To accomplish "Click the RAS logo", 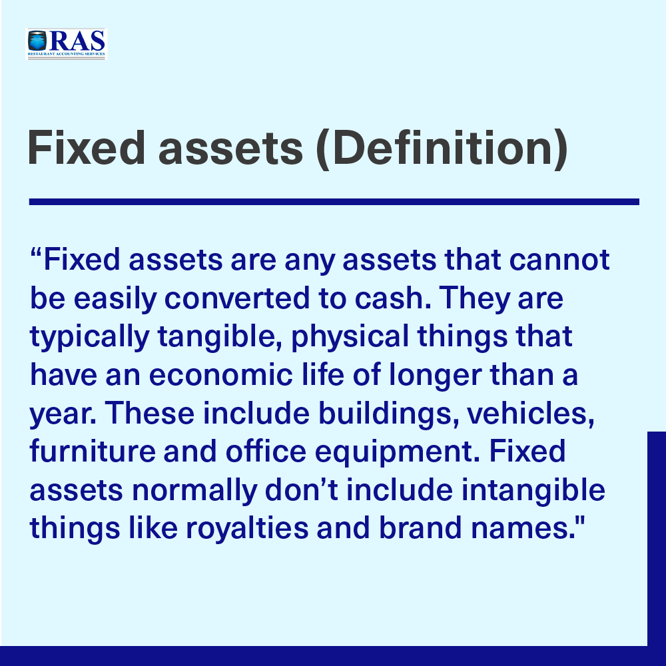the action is click(67, 44).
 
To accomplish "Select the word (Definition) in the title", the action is click(442, 149).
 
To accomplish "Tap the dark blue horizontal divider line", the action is click(334, 202).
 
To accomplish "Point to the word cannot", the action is click(559, 260).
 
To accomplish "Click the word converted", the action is click(237, 298).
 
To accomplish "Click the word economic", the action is click(221, 374).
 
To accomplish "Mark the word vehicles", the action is click(531, 413).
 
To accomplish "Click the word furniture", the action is click(93, 451).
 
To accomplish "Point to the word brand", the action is click(420, 527).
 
